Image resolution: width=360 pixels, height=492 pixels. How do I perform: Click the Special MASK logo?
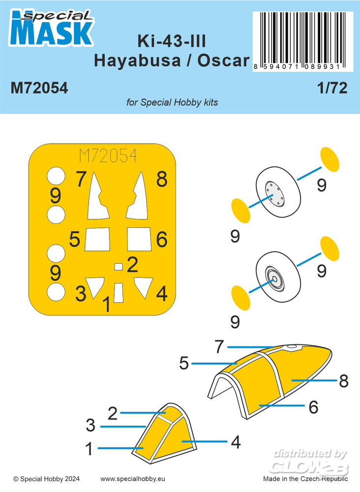coord(52,28)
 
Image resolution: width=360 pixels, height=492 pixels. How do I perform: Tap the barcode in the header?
coord(302,41)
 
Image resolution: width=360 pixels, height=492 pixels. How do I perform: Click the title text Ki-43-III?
coord(172,41)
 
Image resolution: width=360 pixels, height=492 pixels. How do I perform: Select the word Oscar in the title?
coord(223,60)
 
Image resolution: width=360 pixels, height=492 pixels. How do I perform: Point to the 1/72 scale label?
coord(332,88)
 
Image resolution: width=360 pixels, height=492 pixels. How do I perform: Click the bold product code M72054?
coord(39,88)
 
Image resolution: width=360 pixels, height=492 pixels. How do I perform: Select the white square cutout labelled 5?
coord(97,239)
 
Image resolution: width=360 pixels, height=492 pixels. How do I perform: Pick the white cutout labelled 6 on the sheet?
coord(139,239)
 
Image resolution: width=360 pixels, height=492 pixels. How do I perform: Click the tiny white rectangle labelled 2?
coord(118,267)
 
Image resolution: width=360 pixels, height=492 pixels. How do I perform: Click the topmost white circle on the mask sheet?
coord(56,176)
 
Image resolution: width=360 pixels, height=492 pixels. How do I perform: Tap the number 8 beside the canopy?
coord(344,381)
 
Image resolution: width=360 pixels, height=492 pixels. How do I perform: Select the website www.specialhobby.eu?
coord(133,479)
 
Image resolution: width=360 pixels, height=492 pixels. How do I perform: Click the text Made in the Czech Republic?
coord(305,479)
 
